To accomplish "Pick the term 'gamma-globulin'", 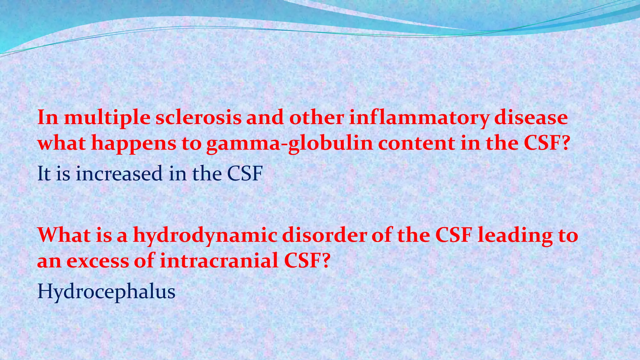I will coord(289,144).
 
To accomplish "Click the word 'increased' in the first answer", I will coord(119,173).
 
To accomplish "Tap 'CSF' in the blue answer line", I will coord(244,173).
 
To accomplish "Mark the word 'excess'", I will coord(97,261).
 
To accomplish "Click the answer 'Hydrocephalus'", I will coord(106,292).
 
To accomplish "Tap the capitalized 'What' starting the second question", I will coord(64,235).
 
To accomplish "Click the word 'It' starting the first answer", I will coord(44,173).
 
